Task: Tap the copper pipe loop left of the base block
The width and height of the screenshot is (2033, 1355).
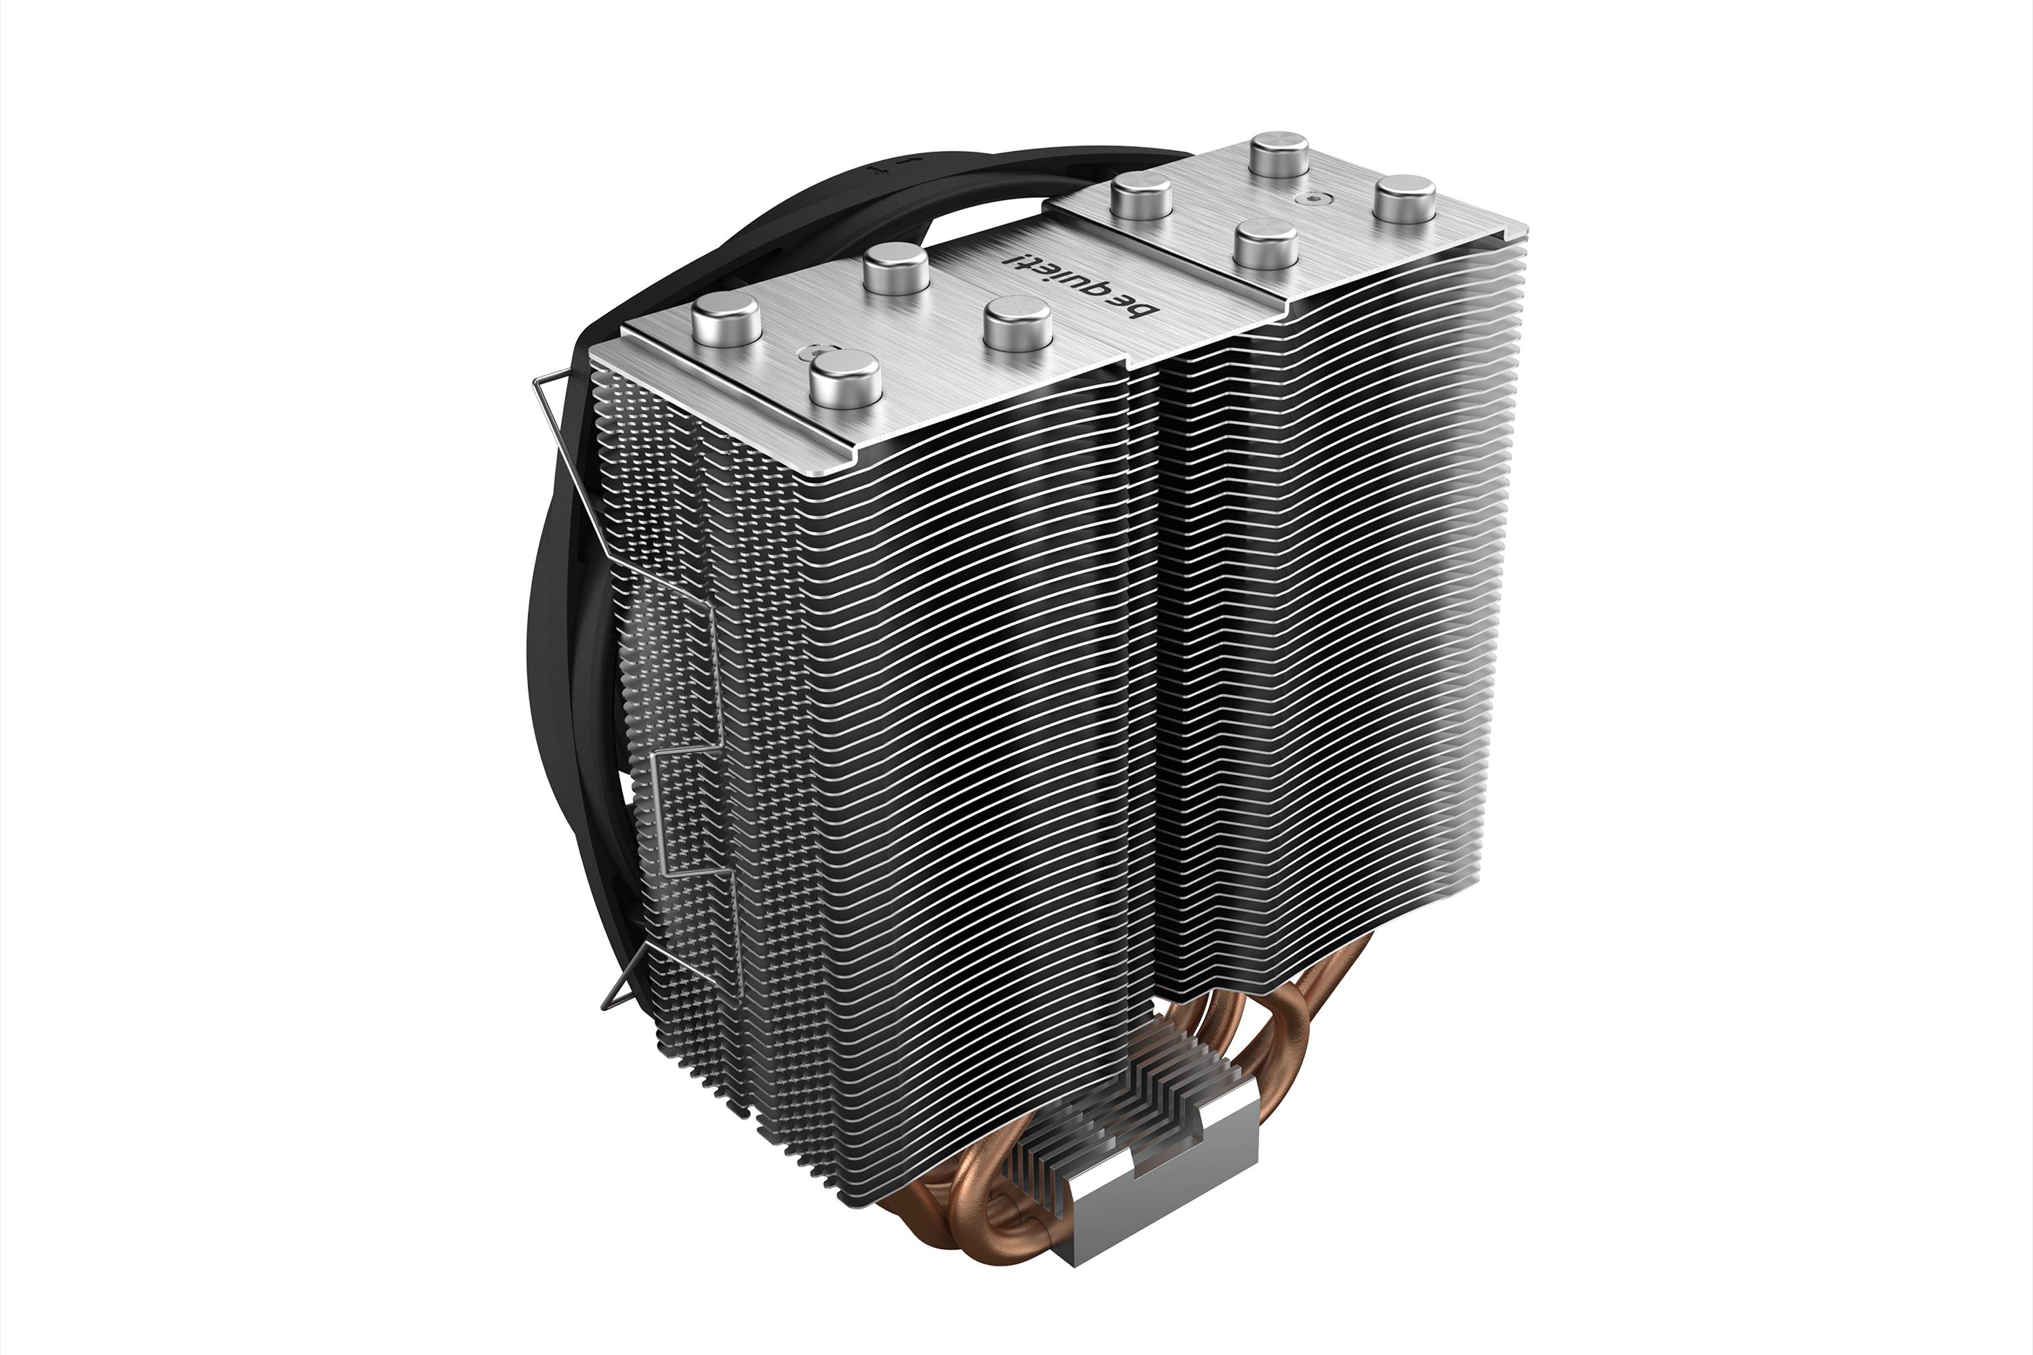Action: pyautogui.click(x=1003, y=1214)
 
